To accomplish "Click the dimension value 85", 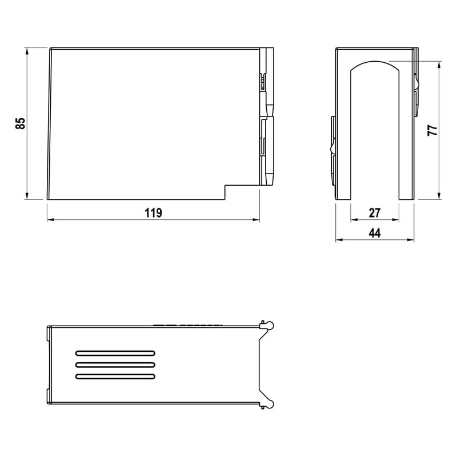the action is coord(21,123).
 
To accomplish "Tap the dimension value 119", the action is coord(153,213).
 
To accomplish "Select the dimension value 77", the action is coord(432,130).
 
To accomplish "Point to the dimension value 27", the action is coord(375,213).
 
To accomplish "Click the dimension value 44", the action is coord(375,233).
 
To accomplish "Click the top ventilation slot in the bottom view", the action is coord(115,353).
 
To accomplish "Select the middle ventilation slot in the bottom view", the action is coord(115,364).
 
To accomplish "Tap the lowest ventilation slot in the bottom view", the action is coord(115,376).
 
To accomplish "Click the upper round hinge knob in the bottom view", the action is coord(270,325).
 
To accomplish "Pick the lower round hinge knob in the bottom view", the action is coord(270,404).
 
